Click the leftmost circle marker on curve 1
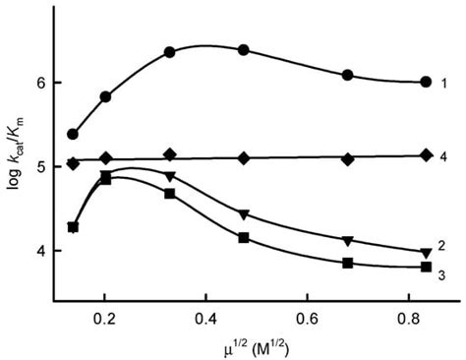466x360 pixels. (x=73, y=134)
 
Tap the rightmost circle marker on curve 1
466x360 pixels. (x=426, y=82)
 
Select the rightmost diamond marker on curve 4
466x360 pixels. (x=426, y=154)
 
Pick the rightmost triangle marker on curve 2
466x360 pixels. (x=426, y=253)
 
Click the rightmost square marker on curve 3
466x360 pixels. (x=426, y=267)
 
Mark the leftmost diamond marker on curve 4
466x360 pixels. (x=73, y=164)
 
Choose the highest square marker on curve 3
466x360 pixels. (x=105, y=179)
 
